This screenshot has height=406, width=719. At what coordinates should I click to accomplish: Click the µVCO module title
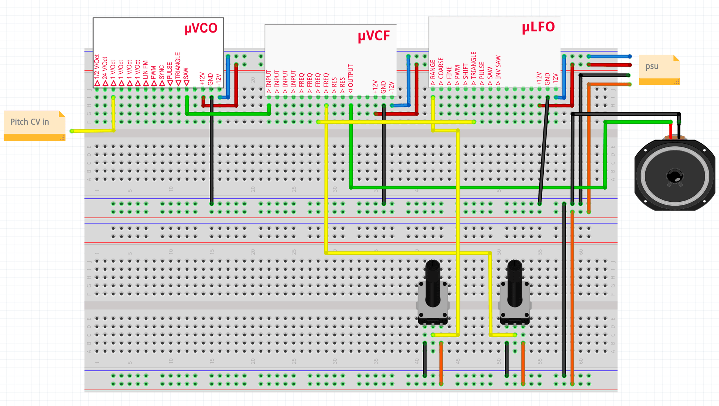(201, 28)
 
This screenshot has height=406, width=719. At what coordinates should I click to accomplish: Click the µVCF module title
(374, 36)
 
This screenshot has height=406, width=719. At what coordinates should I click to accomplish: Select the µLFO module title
(538, 27)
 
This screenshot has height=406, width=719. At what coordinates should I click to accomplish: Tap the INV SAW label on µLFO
(498, 67)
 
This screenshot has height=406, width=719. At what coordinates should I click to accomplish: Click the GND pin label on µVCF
(383, 87)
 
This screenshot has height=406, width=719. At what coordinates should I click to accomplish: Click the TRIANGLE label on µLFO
(474, 65)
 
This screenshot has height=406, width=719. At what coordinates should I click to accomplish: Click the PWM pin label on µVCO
(154, 73)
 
